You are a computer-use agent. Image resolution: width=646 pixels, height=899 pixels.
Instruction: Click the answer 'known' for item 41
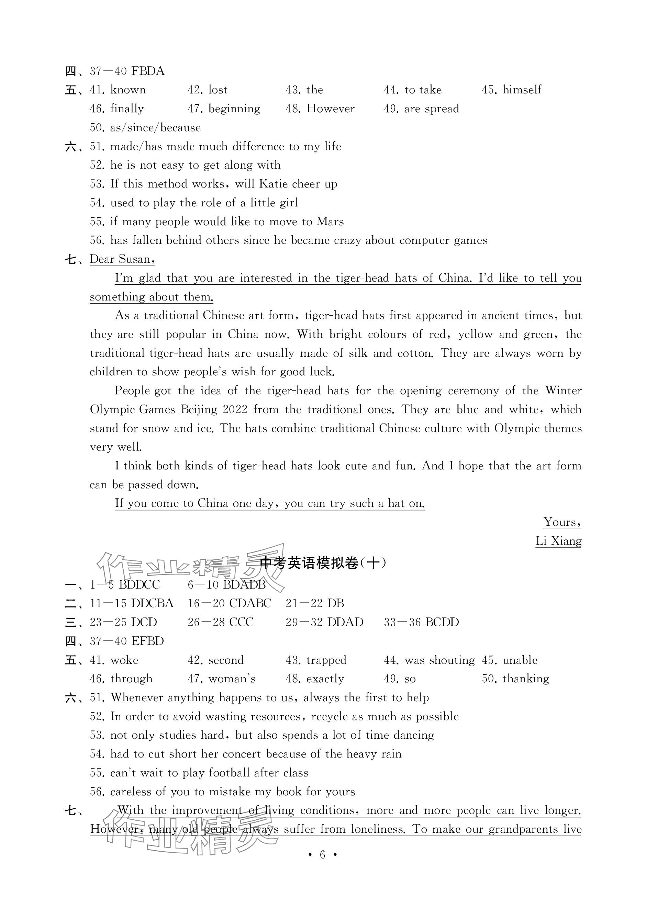coord(128,90)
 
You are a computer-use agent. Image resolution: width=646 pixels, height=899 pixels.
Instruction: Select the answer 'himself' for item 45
coord(522,90)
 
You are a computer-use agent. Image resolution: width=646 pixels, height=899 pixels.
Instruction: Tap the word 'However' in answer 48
coord(331,109)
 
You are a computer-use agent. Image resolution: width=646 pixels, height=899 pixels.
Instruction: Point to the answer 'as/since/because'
coord(155,128)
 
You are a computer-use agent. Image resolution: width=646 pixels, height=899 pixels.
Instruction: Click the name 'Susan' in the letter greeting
coord(134,259)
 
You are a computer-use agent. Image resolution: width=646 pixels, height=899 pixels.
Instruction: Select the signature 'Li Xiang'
coord(558,541)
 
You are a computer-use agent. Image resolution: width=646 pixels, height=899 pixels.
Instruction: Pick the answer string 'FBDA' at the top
coord(147,71)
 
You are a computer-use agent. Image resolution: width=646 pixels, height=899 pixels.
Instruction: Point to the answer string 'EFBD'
coord(147,641)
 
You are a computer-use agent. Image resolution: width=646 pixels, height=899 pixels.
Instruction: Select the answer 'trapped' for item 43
coord(326,660)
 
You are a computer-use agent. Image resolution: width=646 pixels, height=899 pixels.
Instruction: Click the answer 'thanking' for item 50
coord(525,679)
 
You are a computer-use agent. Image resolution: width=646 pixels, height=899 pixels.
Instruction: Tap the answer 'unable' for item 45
coord(520,660)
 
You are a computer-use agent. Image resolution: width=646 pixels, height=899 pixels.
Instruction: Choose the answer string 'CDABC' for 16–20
coord(250,604)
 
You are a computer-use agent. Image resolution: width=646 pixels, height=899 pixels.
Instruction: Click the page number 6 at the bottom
coord(322,855)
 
